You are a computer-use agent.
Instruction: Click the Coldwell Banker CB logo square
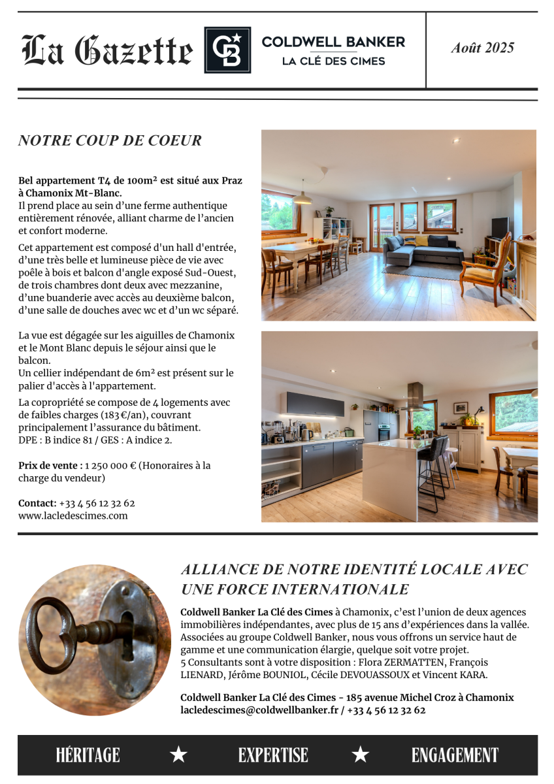227,50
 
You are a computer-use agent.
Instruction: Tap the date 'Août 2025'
482,48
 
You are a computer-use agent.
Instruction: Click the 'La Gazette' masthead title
108,51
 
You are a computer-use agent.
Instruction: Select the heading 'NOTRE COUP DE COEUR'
110,140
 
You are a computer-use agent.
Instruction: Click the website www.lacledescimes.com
73,515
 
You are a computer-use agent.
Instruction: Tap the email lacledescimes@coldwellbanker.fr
259,710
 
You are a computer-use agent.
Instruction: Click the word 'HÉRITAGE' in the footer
88,755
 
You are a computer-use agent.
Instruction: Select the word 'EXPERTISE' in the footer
272,755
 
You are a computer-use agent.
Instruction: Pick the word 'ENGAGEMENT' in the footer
455,755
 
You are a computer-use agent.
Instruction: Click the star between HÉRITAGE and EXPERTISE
178,755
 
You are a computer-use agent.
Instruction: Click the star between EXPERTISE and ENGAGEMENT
360,755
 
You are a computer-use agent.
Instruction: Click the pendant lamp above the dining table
302,198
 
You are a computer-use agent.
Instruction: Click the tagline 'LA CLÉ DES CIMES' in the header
333,61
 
